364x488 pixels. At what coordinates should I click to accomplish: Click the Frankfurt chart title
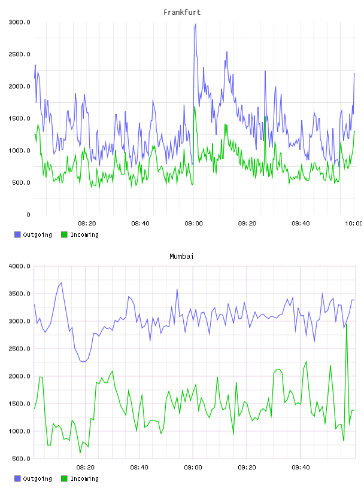[182, 13]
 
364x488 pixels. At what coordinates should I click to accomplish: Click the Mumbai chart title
[181, 257]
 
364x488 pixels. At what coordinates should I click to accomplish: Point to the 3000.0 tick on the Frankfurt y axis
[20, 22]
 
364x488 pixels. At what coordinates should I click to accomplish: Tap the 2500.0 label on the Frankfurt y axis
[20, 54]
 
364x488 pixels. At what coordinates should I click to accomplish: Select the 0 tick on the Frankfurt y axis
[28, 215]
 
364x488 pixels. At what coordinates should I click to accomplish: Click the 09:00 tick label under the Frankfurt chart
[193, 224]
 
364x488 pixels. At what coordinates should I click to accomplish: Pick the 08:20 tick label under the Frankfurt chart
[87, 224]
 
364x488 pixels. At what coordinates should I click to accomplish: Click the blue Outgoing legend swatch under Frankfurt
[17, 234]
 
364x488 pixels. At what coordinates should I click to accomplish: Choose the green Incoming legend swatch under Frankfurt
[64, 234]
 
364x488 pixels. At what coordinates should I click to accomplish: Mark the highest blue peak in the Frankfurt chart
[195, 24]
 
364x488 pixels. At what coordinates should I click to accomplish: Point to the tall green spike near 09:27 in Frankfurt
[265, 117]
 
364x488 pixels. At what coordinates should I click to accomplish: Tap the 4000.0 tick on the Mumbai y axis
[20, 266]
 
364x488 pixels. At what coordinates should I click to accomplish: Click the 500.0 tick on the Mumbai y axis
[21, 459]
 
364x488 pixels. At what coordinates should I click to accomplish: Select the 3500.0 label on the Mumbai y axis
[20, 294]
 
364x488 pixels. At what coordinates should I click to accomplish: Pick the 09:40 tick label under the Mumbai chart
[301, 468]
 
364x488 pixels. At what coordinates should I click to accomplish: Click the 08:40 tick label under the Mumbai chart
[139, 468]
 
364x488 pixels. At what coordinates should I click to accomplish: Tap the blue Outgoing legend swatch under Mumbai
[17, 478]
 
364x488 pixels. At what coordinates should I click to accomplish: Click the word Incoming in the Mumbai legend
[84, 479]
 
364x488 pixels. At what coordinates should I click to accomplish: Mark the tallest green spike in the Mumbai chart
[347, 324]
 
